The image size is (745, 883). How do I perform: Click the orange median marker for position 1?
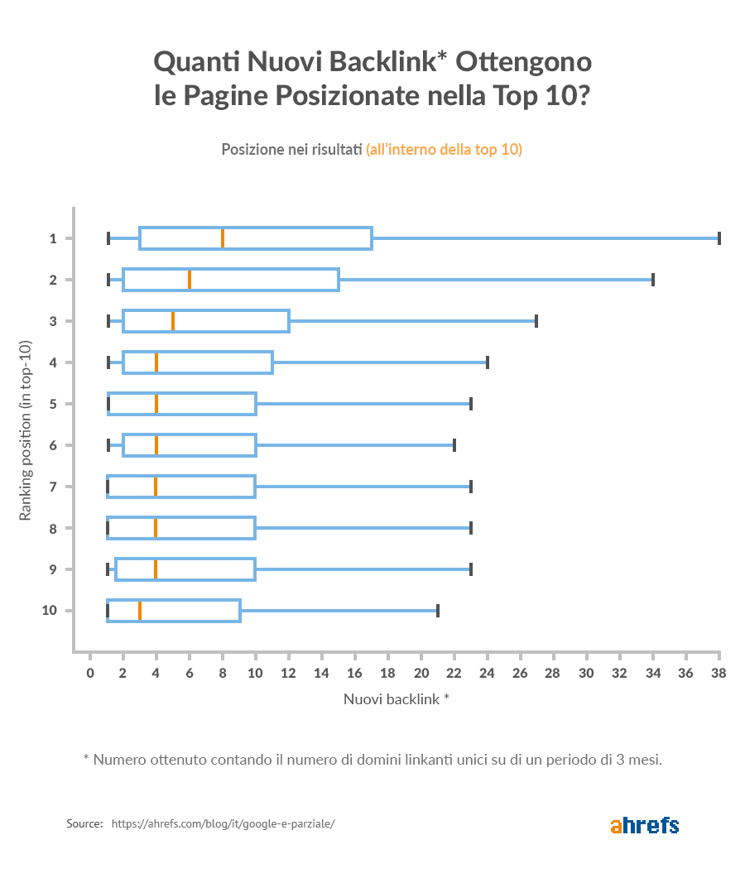point(223,238)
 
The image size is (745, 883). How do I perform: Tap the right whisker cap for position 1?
point(719,238)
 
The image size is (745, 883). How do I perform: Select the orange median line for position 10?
point(140,611)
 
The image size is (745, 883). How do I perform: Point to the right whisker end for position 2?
point(653,280)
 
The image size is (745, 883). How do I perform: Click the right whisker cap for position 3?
point(536,321)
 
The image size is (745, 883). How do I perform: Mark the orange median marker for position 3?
point(173,321)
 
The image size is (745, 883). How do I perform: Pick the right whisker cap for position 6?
point(454,445)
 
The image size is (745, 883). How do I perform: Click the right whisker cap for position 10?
point(437,611)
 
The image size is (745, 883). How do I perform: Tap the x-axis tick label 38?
point(719,674)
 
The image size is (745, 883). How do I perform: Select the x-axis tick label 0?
point(90,674)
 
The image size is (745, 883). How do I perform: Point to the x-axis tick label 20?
point(421,674)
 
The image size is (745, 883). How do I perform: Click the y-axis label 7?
point(52,487)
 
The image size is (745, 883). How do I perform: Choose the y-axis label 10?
point(49,611)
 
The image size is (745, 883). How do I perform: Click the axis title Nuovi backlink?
point(396,698)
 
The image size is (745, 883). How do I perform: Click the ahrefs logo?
point(644,825)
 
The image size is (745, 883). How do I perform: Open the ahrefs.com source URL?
point(223,824)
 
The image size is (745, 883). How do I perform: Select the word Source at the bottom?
point(84,824)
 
